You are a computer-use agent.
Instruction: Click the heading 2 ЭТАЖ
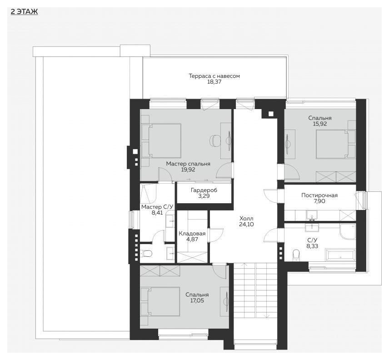point(25,12)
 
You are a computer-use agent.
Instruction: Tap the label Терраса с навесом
point(214,76)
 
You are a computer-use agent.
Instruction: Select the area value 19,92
point(188,170)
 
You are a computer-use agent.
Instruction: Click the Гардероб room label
point(204,190)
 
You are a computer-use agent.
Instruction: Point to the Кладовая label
point(192,234)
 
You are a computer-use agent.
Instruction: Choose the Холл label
point(246,219)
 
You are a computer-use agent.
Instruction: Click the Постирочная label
point(319,195)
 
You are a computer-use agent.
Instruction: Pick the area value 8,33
point(312,246)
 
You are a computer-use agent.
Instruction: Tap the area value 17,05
point(197,301)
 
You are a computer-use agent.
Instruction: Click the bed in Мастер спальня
point(161,140)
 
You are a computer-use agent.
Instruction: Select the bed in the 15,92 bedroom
point(336,144)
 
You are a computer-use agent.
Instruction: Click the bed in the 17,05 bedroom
point(160,302)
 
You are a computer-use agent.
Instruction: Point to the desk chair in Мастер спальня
point(214,141)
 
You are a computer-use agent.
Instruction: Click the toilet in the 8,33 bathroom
point(296,255)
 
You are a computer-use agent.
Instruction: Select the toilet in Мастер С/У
point(146,254)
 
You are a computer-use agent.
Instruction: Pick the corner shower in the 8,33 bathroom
point(348,232)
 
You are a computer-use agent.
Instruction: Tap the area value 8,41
point(157,213)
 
